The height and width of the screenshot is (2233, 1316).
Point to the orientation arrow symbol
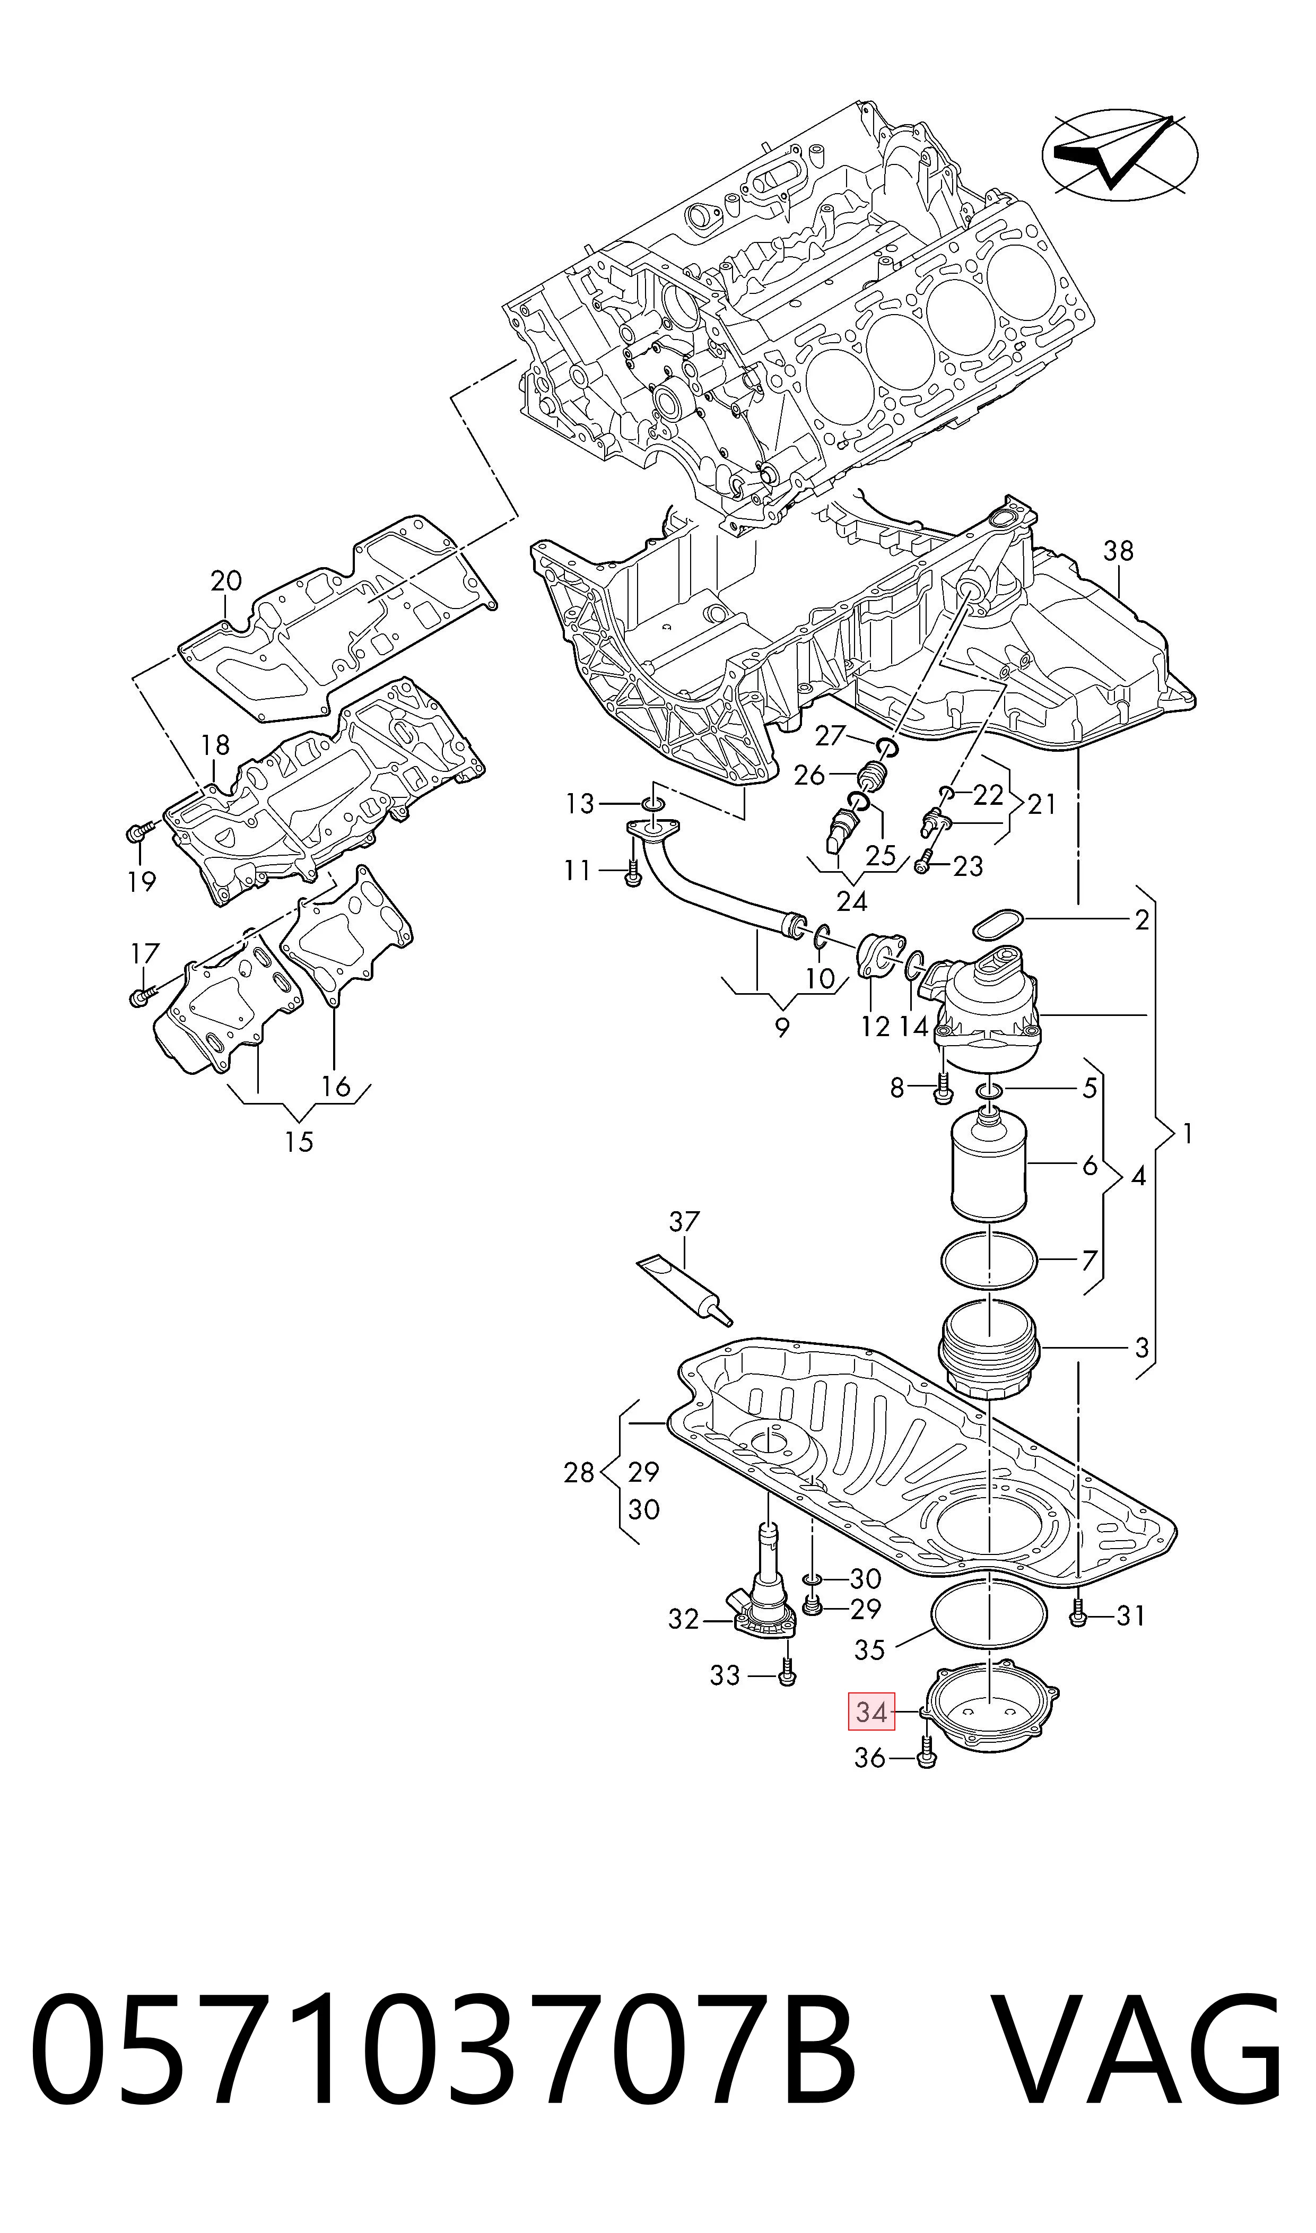pos(1119,156)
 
